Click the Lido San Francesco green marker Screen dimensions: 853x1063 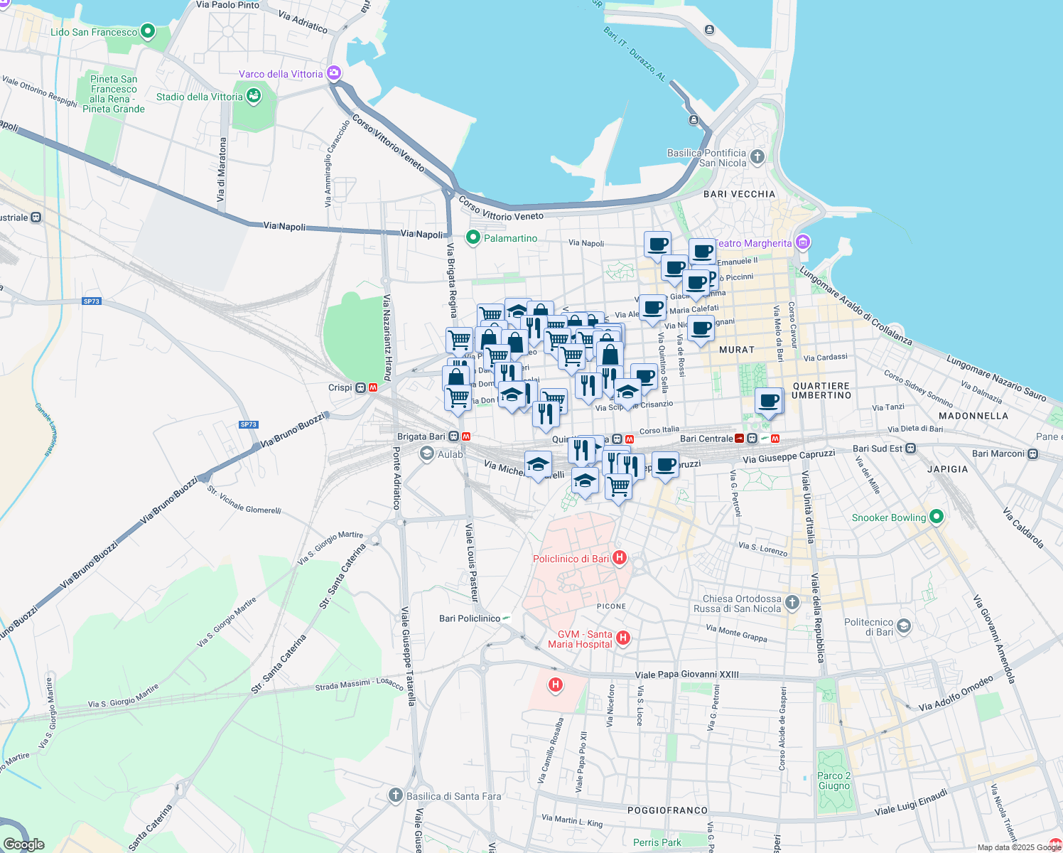coord(148,31)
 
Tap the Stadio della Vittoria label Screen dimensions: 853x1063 coord(200,97)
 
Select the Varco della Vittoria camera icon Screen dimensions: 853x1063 coord(334,73)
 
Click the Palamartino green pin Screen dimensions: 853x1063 coord(473,237)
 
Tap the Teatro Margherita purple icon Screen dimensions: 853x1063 coord(803,243)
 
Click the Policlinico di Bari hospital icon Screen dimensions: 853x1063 coord(620,558)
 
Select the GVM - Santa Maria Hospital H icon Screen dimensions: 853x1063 coord(623,638)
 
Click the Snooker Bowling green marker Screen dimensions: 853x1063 coord(937,517)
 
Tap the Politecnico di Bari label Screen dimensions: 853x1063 coord(868,627)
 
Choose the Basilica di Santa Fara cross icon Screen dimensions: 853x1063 coord(396,795)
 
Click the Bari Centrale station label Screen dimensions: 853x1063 coord(706,439)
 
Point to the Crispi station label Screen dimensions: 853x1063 coord(340,387)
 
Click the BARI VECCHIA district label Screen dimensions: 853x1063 coord(739,194)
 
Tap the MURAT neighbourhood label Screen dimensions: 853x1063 coord(736,350)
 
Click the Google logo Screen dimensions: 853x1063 coord(24,844)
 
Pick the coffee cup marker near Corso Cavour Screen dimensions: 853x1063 coord(769,401)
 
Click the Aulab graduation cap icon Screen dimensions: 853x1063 coord(426,454)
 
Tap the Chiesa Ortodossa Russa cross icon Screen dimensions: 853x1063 coord(792,603)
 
